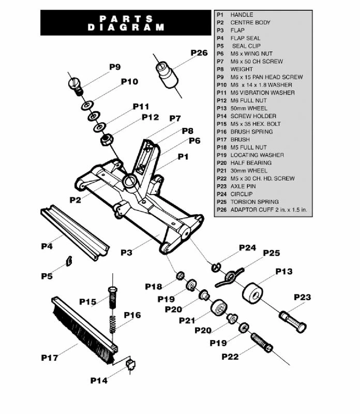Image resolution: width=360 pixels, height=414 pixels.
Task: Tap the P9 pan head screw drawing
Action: (76, 85)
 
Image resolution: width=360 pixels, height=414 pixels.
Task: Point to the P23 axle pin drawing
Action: (293, 320)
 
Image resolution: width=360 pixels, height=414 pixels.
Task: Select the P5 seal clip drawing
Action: (67, 260)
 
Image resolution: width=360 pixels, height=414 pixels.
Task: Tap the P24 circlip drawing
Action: (215, 267)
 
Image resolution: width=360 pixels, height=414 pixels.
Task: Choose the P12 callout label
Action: (150, 118)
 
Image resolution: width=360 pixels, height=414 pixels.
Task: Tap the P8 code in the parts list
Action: (220, 69)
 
